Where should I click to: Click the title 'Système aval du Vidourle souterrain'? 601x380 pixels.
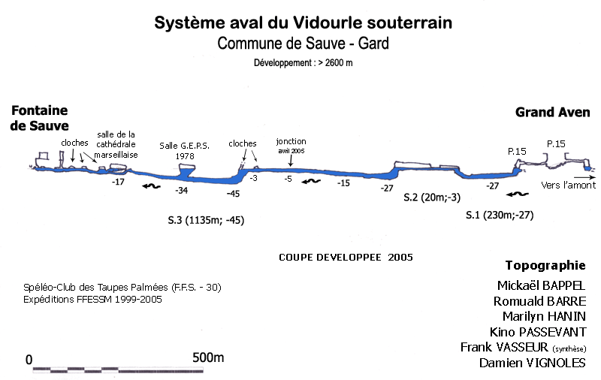click(303, 23)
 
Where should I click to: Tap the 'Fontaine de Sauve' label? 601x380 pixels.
click(39, 118)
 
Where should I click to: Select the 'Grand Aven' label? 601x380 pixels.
click(552, 113)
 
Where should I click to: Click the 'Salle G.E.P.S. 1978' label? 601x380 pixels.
click(184, 150)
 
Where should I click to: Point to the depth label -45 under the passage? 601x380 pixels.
click(233, 195)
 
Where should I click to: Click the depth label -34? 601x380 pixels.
click(181, 191)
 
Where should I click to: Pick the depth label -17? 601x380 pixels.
click(117, 182)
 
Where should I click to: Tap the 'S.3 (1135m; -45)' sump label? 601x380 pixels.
click(206, 221)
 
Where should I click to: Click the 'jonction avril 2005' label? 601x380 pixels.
click(291, 145)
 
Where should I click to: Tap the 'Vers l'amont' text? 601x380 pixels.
click(568, 185)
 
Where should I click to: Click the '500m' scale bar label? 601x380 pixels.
click(209, 358)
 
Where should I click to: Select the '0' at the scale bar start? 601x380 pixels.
click(29, 360)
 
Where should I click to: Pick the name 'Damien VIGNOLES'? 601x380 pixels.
click(533, 363)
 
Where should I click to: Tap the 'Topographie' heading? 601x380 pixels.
click(545, 265)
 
